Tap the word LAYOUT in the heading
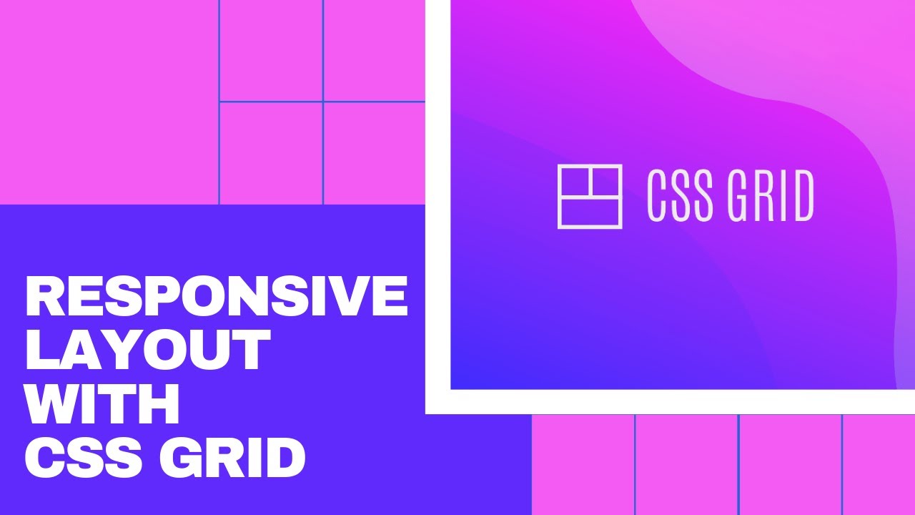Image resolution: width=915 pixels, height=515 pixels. point(148,350)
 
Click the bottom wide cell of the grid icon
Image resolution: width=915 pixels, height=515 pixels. point(590,212)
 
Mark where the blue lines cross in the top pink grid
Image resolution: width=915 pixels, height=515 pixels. point(323,102)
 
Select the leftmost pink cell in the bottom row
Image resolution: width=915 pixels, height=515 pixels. point(583,465)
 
